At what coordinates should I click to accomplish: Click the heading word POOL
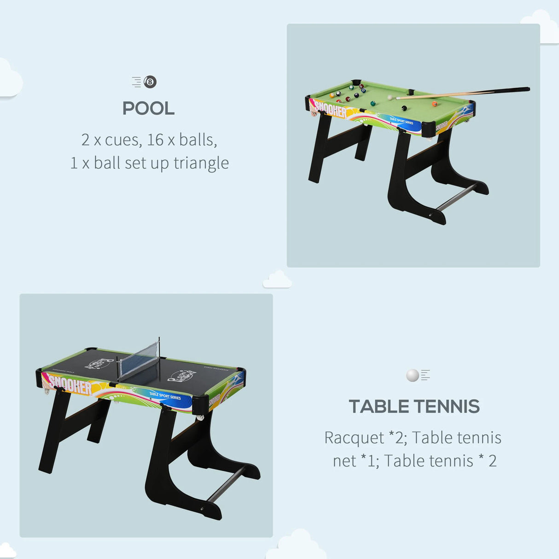click(x=148, y=109)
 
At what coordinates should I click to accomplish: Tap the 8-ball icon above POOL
click(x=150, y=82)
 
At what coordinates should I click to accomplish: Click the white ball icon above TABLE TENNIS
click(x=413, y=375)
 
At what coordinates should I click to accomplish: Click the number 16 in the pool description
click(x=155, y=140)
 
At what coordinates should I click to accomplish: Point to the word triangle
click(x=201, y=163)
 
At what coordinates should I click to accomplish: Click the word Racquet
click(x=354, y=437)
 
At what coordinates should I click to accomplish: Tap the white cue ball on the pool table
click(x=390, y=98)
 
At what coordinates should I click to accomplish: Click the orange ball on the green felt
click(x=434, y=104)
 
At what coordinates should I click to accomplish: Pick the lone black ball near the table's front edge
click(x=404, y=108)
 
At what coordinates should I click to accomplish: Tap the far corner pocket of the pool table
click(x=355, y=83)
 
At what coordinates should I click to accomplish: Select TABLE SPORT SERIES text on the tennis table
click(x=165, y=396)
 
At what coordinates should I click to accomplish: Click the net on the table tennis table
click(x=138, y=363)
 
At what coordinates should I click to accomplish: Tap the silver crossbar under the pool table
click(x=456, y=197)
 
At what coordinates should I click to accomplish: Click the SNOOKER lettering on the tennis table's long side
click(x=70, y=384)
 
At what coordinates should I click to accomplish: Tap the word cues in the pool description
click(x=123, y=140)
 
